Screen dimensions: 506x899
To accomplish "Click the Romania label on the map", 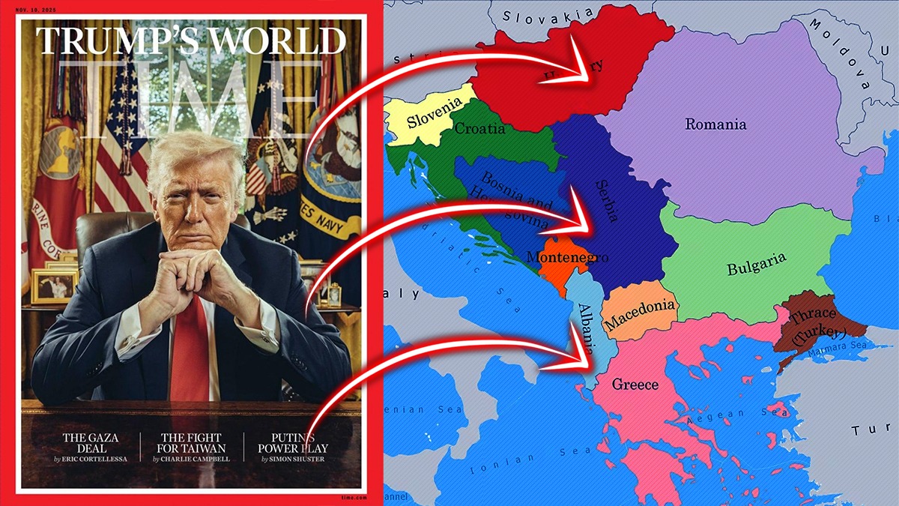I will [715, 124].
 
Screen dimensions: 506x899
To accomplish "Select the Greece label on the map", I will [635, 385].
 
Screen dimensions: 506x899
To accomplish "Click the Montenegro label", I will [567, 257].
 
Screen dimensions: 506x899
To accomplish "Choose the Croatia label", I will [480, 129].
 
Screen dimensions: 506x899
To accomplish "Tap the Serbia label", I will [608, 201].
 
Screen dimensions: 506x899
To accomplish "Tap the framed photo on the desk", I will [54, 286].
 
